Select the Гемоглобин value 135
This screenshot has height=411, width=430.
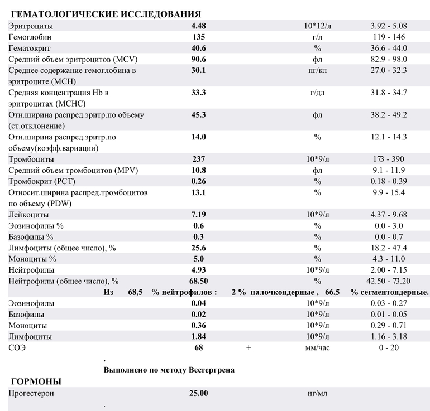click(x=198, y=37)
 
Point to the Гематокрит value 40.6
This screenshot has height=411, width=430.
click(x=199, y=48)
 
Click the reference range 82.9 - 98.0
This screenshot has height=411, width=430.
click(x=388, y=59)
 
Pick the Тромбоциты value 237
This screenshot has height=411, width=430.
click(x=198, y=159)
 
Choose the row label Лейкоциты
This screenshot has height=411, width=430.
click(x=28, y=215)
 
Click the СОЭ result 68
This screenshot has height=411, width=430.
click(x=198, y=347)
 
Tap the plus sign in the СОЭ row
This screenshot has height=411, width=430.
click(x=249, y=347)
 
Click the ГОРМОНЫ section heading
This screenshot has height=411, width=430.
click(x=37, y=381)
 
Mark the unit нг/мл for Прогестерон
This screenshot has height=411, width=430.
click(x=317, y=393)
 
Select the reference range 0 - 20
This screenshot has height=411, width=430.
click(x=389, y=347)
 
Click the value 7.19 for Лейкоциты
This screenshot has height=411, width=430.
click(x=198, y=215)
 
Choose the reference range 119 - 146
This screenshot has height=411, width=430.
click(x=389, y=37)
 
